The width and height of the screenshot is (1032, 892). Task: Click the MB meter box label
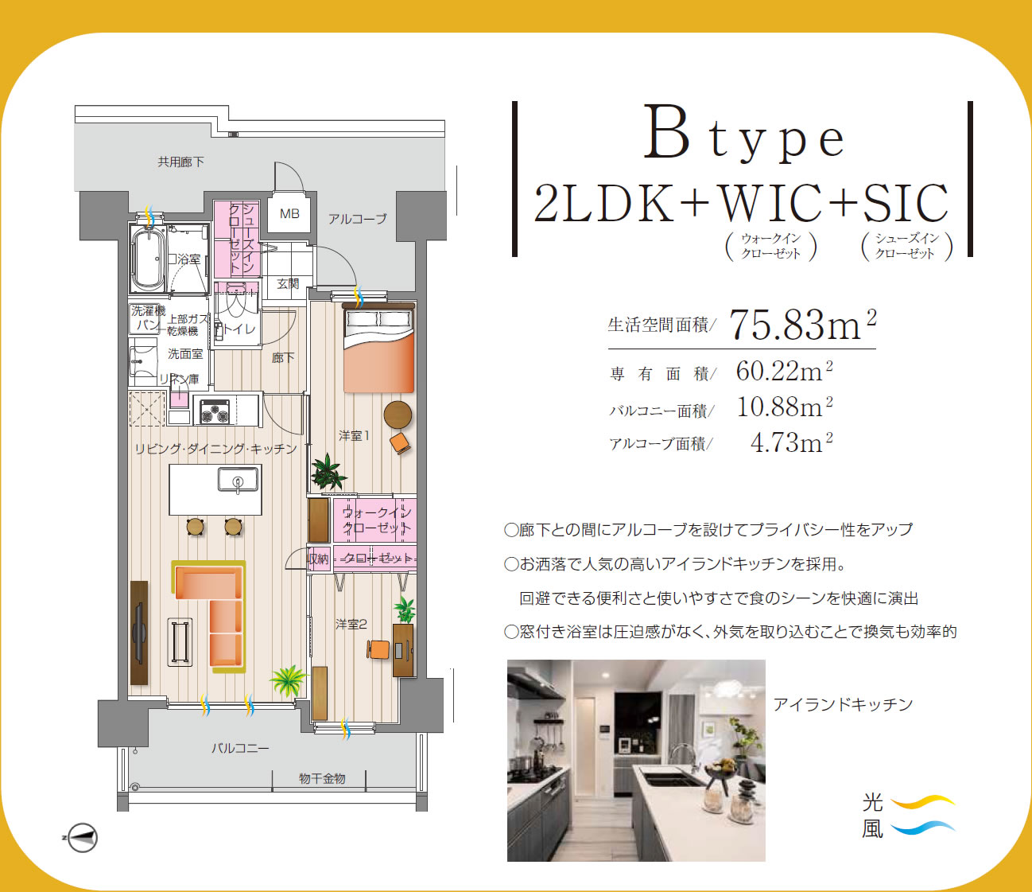click(x=289, y=214)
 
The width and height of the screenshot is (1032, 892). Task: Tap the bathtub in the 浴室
click(x=148, y=259)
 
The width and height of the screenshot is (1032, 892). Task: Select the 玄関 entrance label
click(x=288, y=284)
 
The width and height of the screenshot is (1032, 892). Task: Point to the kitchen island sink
click(x=239, y=479)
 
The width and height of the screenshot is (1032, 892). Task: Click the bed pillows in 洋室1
click(x=379, y=318)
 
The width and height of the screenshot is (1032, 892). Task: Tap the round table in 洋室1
click(x=398, y=415)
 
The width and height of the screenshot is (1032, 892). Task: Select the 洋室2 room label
click(x=351, y=624)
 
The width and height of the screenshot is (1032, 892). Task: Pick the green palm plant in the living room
click(x=288, y=680)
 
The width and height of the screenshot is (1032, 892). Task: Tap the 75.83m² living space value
click(x=803, y=325)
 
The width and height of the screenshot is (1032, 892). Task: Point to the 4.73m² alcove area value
click(x=791, y=442)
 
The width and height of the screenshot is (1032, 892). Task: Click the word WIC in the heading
click(x=771, y=204)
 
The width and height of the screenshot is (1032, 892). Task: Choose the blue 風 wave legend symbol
click(x=922, y=827)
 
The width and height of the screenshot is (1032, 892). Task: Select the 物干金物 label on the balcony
click(x=322, y=778)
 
